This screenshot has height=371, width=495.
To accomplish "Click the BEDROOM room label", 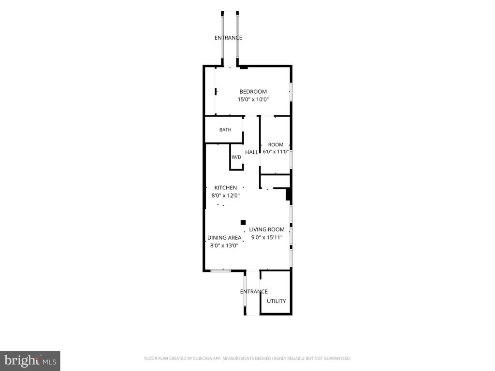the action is coord(253,91).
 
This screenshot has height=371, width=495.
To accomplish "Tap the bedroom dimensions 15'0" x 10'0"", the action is coord(253,100).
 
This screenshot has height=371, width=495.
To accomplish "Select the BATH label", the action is coord(225,129).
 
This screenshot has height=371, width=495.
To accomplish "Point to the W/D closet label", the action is coord(236,157).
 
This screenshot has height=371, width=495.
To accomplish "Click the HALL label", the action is coord(251,152).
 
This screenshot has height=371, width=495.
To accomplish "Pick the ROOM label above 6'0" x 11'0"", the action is coord(276,144).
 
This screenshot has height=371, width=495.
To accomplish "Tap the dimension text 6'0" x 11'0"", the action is coord(276,151).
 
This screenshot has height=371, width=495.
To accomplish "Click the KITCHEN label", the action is coord(226,187).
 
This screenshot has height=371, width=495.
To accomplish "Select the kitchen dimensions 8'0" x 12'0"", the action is coord(226,196).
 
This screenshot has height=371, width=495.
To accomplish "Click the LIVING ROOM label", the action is coord(267,229).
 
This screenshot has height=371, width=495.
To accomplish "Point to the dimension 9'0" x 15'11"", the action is coord(267,237).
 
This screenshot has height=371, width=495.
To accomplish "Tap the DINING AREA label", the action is coord(224,238).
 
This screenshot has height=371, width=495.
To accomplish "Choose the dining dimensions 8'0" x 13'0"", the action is coord(224,245).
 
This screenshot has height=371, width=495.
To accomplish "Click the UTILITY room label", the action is coord(276,301).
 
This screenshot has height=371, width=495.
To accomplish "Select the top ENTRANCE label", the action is coord(228,38).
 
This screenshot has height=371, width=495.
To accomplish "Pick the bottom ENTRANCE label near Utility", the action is coord(254,291).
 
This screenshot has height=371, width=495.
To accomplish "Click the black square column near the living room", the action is coord(243,222).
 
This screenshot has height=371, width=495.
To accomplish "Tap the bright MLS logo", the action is coord(30,361).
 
